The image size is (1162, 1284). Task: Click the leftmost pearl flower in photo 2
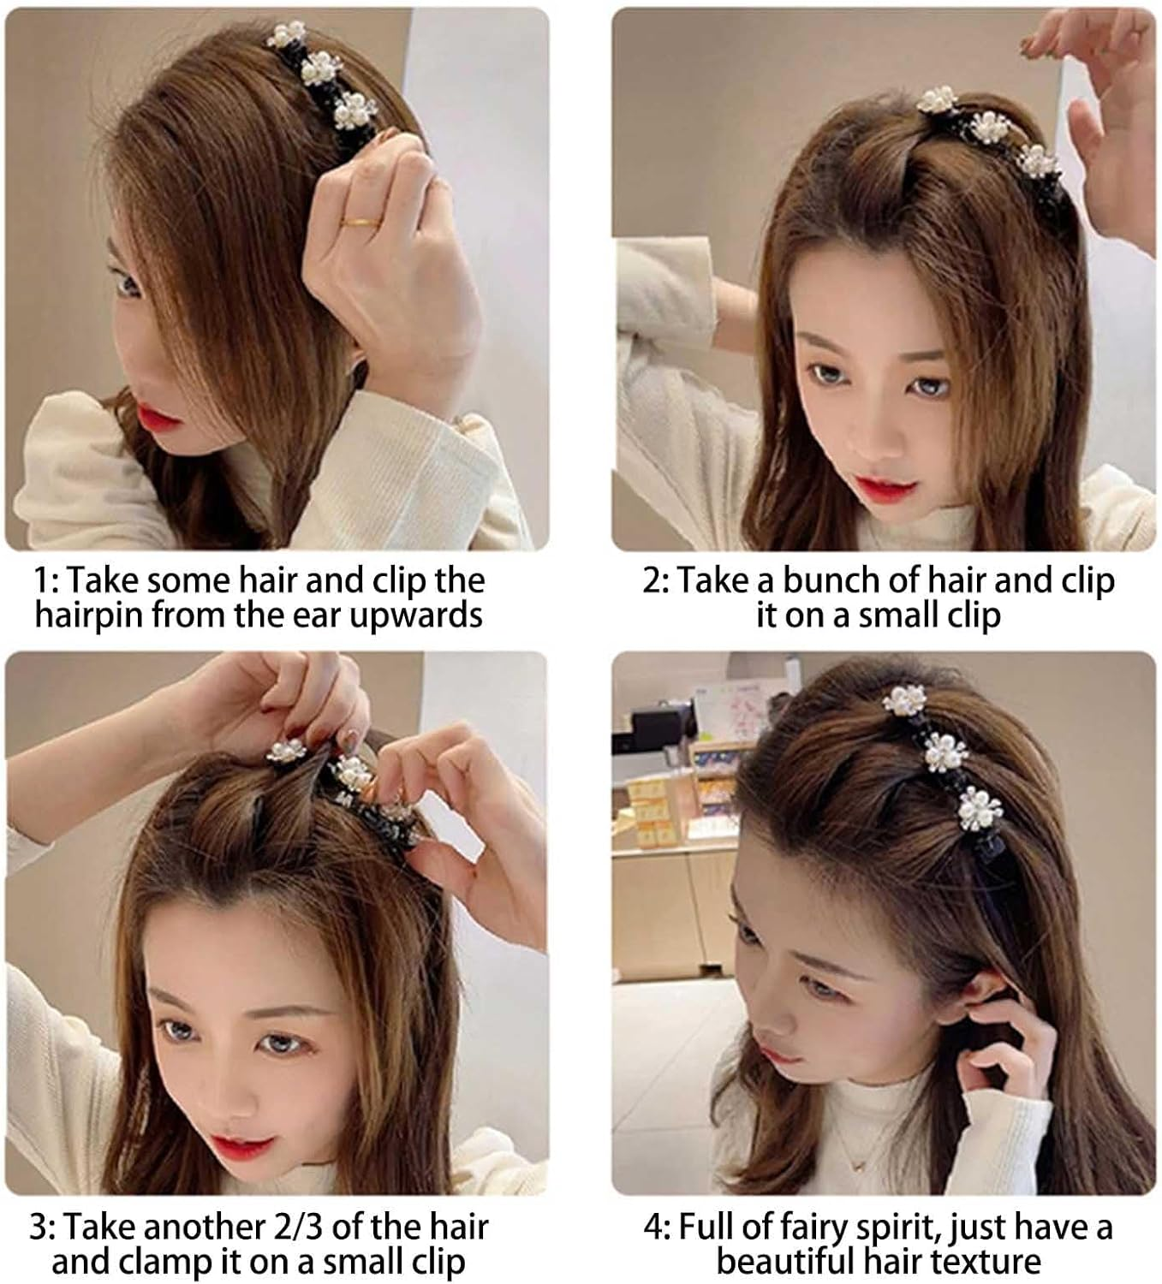tap(937, 101)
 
